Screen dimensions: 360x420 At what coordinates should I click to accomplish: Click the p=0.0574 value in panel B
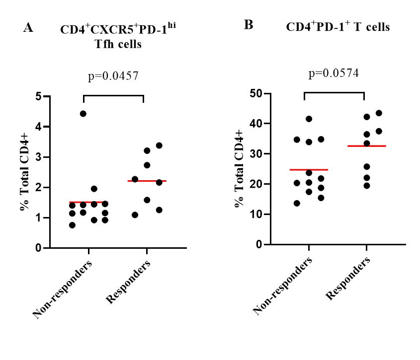pos(334,73)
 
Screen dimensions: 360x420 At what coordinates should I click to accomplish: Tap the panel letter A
pos(28,28)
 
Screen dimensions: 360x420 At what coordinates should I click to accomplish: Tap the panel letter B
pos(249,25)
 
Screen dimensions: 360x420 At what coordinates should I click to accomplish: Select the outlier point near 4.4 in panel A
pos(83,114)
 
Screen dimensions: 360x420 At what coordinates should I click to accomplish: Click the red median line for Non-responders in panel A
pos(88,203)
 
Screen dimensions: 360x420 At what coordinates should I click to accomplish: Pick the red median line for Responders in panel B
pos(367,146)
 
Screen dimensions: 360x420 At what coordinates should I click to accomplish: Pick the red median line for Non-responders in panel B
pos(308,170)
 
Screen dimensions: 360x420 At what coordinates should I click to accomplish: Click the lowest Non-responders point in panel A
pos(73,225)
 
